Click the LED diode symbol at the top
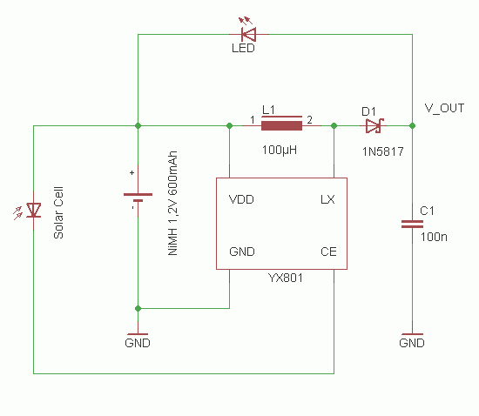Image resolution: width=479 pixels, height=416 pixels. [x=247, y=34]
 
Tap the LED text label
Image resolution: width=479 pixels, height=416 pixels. [x=244, y=49]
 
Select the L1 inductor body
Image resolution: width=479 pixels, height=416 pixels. [x=281, y=125]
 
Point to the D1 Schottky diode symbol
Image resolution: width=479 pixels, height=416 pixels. [x=374, y=125]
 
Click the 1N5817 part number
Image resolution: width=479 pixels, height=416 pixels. [x=382, y=150]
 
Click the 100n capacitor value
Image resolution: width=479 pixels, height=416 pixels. [x=434, y=236]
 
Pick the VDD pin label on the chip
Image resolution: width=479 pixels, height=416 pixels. [x=241, y=199]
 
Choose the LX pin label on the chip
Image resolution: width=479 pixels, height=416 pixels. [x=327, y=199]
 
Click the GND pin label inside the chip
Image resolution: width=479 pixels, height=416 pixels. [x=241, y=252]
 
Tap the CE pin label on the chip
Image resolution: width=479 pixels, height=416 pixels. [x=328, y=252]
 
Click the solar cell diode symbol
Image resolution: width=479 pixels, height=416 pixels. [x=34, y=210]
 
